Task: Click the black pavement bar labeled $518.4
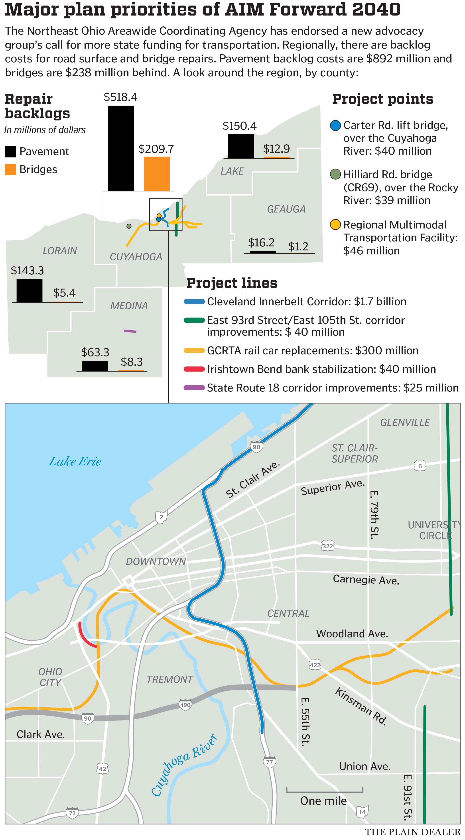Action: (121, 148)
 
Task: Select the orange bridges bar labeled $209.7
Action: (157, 174)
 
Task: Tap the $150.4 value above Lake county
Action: (239, 126)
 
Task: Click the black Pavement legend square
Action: (10, 152)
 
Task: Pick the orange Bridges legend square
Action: (10, 169)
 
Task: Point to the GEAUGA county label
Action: (286, 209)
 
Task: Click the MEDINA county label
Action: (129, 306)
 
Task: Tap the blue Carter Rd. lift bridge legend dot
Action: (335, 126)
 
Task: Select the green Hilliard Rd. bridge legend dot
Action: (335, 175)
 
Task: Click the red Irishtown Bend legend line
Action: (194, 369)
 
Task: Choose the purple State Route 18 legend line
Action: (194, 388)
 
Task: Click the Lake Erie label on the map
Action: (75, 461)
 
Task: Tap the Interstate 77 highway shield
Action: (269, 762)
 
